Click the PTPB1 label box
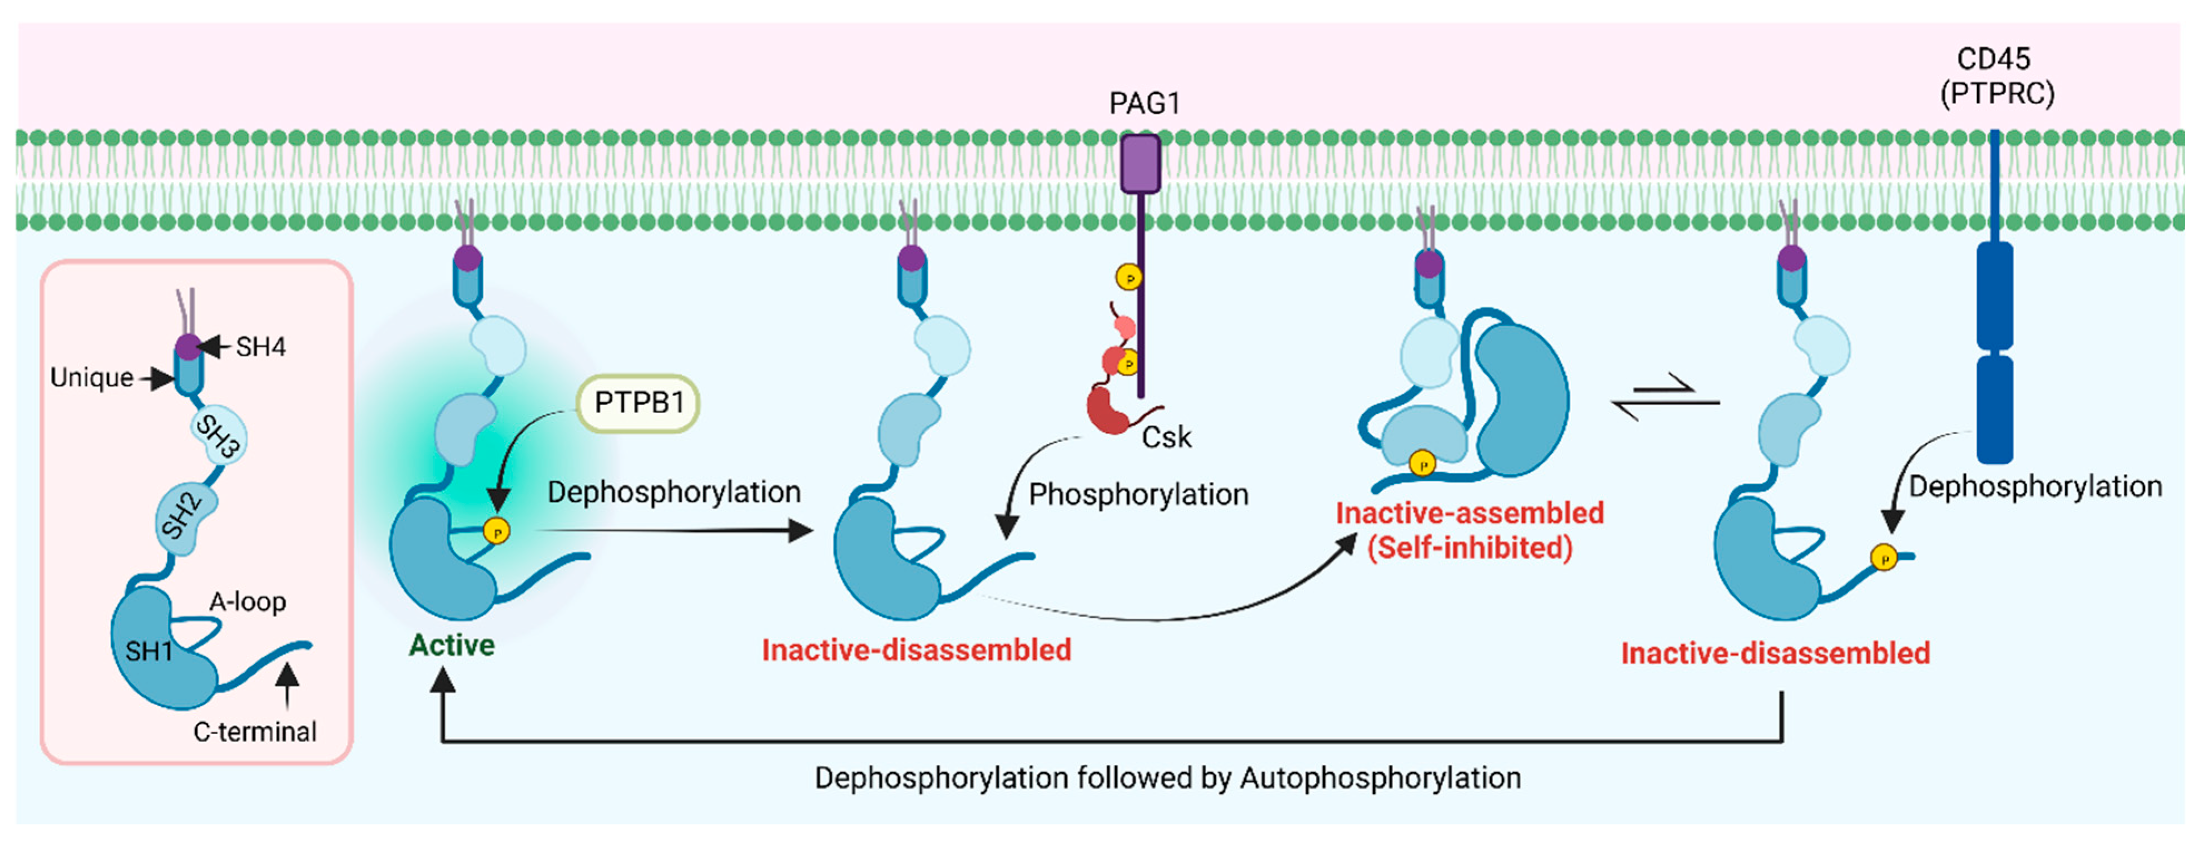click(638, 403)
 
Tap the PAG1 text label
click(1144, 103)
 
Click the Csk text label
click(1166, 437)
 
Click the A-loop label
click(247, 602)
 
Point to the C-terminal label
click(254, 732)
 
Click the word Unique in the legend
click(91, 377)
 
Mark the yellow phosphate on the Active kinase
click(496, 531)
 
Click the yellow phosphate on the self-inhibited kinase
click(1422, 464)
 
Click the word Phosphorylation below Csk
click(1139, 495)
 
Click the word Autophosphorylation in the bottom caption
click(1380, 778)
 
